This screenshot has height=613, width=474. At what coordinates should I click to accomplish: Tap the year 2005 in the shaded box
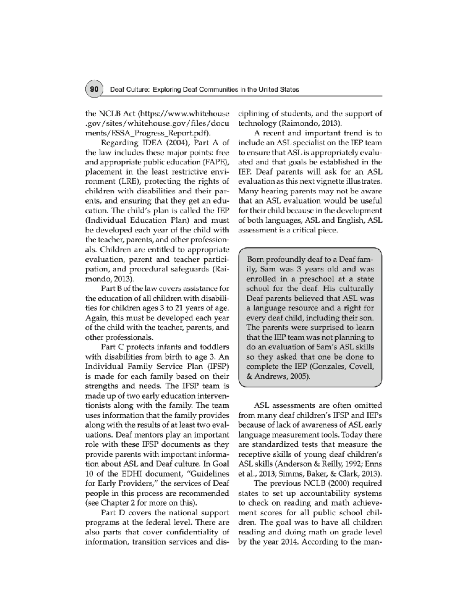click(299, 377)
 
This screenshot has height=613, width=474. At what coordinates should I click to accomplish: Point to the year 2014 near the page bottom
click(284, 542)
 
